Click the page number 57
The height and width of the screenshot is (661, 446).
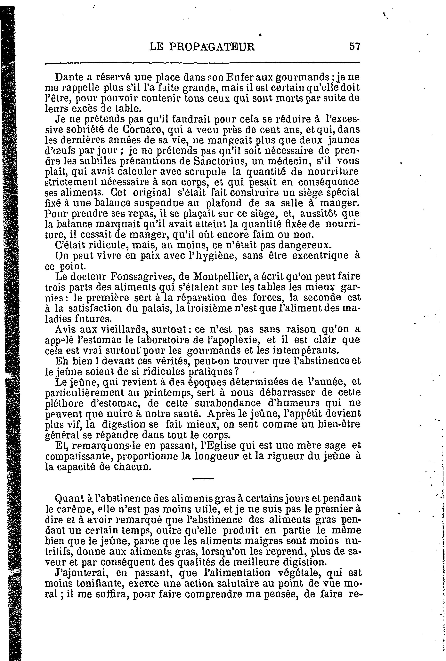coord(355,46)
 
